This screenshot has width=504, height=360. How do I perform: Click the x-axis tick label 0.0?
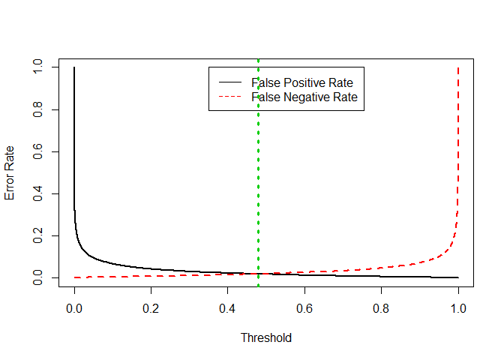pyautogui.click(x=73, y=307)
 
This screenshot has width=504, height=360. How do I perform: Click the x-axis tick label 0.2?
pyautogui.click(x=151, y=307)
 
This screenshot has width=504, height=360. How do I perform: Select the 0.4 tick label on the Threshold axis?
pyautogui.click(x=227, y=307)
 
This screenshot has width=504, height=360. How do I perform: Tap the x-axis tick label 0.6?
pyautogui.click(x=304, y=307)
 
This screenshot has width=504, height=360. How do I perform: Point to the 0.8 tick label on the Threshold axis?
pyautogui.click(x=381, y=307)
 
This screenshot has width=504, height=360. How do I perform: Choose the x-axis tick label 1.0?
pyautogui.click(x=458, y=307)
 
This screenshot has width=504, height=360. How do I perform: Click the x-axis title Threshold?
pyautogui.click(x=265, y=337)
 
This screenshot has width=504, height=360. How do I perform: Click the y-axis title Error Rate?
pyautogui.click(x=10, y=173)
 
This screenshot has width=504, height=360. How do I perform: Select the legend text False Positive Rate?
pyautogui.click(x=302, y=82)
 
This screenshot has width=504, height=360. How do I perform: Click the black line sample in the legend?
pyautogui.click(x=229, y=82)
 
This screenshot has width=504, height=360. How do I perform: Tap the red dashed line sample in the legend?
pyautogui.click(x=229, y=97)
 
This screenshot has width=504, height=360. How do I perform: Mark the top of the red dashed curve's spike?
pyautogui.click(x=458, y=68)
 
